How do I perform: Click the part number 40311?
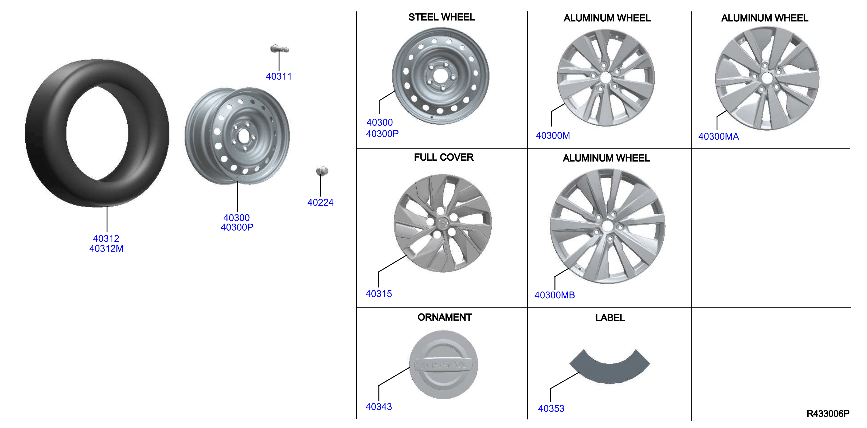pos(279,76)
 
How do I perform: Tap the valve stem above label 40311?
pos(279,49)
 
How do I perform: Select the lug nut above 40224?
pos(322,171)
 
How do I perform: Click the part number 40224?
pos(320,202)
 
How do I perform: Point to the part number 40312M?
pos(106,249)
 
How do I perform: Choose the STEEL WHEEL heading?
pos(442,17)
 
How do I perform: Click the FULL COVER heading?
pos(444,157)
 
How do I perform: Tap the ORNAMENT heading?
pos(444,318)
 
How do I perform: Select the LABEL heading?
pos(610,318)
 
